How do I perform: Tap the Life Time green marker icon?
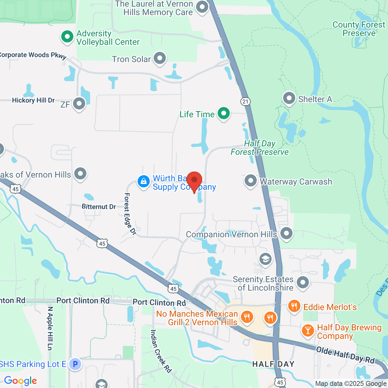pyautogui.click(x=223, y=113)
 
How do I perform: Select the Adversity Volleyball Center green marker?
pyautogui.click(x=67, y=37)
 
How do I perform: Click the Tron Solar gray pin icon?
pyautogui.click(x=159, y=59)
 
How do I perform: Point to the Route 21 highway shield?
pyautogui.click(x=245, y=102)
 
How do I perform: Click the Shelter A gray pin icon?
pyautogui.click(x=289, y=98)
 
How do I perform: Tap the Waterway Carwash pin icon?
pyautogui.click(x=250, y=181)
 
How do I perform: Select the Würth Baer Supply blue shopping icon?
pyautogui.click(x=143, y=181)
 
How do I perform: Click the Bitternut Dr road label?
pyautogui.click(x=99, y=207)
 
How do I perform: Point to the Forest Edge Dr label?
pyautogui.click(x=129, y=214)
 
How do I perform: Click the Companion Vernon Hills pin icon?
pyautogui.click(x=286, y=233)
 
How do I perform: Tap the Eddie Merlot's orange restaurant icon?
pyautogui.click(x=294, y=306)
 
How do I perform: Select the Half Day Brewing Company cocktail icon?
pyautogui.click(x=307, y=330)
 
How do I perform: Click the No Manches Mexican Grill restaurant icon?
pyautogui.click(x=247, y=317)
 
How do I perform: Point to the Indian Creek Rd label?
pyautogui.click(x=160, y=351)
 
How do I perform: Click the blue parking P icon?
pyautogui.click(x=75, y=364)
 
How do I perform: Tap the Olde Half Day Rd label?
pyautogui.click(x=345, y=355)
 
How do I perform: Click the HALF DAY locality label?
pyautogui.click(x=273, y=364)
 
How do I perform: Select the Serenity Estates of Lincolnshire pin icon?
pyautogui.click(x=303, y=282)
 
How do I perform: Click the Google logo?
pyautogui.click(x=20, y=381)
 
